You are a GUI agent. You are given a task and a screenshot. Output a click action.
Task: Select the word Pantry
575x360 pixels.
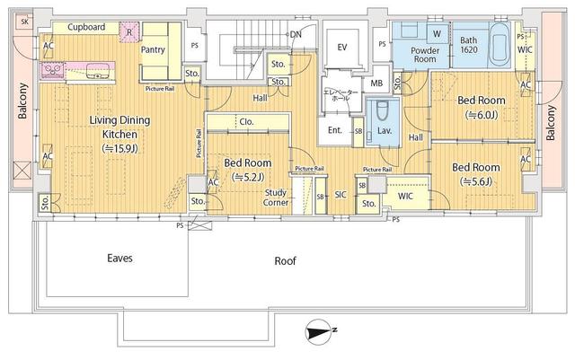point(154,50)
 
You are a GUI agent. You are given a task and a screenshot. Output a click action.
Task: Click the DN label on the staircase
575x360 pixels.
point(296,34)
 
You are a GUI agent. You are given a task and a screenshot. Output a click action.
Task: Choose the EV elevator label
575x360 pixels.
point(341,47)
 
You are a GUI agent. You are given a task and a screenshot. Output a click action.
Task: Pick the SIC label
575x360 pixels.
point(341,194)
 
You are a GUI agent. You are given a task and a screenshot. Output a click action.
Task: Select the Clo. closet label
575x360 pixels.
point(245,123)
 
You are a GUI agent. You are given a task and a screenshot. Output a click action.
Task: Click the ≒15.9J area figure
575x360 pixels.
point(119,148)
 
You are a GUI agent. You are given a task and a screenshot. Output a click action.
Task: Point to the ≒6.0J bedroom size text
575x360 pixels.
point(480,115)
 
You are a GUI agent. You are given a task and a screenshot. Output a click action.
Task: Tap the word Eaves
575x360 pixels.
point(119,258)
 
